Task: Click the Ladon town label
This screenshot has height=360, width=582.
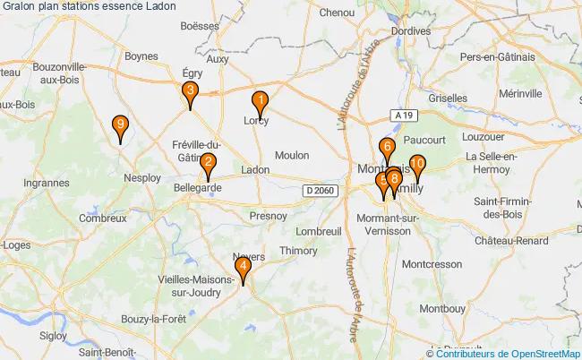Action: (255, 168)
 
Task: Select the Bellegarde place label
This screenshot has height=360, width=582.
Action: (197, 188)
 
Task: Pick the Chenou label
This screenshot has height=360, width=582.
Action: (338, 13)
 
